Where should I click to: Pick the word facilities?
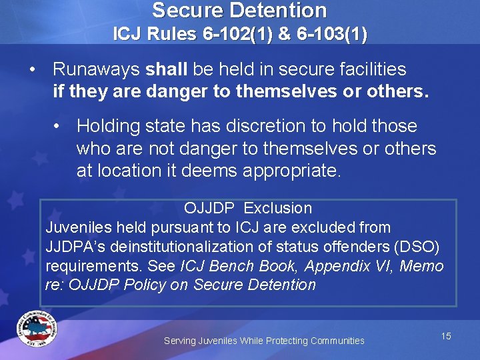coord(373,69)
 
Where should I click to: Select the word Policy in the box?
coord(164,285)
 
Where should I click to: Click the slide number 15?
coord(446,336)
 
